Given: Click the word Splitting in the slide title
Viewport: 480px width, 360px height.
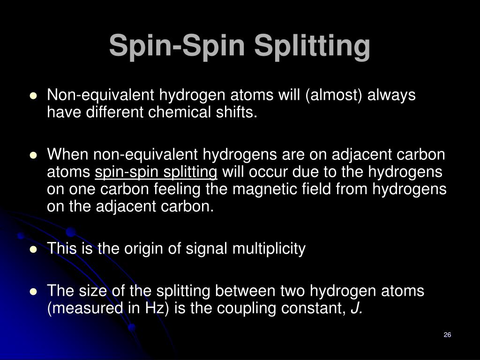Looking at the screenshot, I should click(312, 46).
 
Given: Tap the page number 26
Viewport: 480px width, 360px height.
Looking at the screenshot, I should click(447, 335).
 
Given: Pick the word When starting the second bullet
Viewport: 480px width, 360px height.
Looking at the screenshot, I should click(68, 154).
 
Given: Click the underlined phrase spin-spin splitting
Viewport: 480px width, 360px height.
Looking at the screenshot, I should click(156, 172).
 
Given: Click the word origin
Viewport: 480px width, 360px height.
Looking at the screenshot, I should click(140, 249).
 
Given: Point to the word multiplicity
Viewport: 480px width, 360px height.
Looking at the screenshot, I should click(269, 249).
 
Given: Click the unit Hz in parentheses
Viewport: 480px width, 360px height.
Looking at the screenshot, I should click(148, 308).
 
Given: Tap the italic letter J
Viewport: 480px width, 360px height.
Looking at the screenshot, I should click(355, 308).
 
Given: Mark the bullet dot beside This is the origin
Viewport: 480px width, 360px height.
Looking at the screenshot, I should click(33, 250).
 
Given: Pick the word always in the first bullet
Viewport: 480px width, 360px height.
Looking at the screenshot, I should click(391, 95).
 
